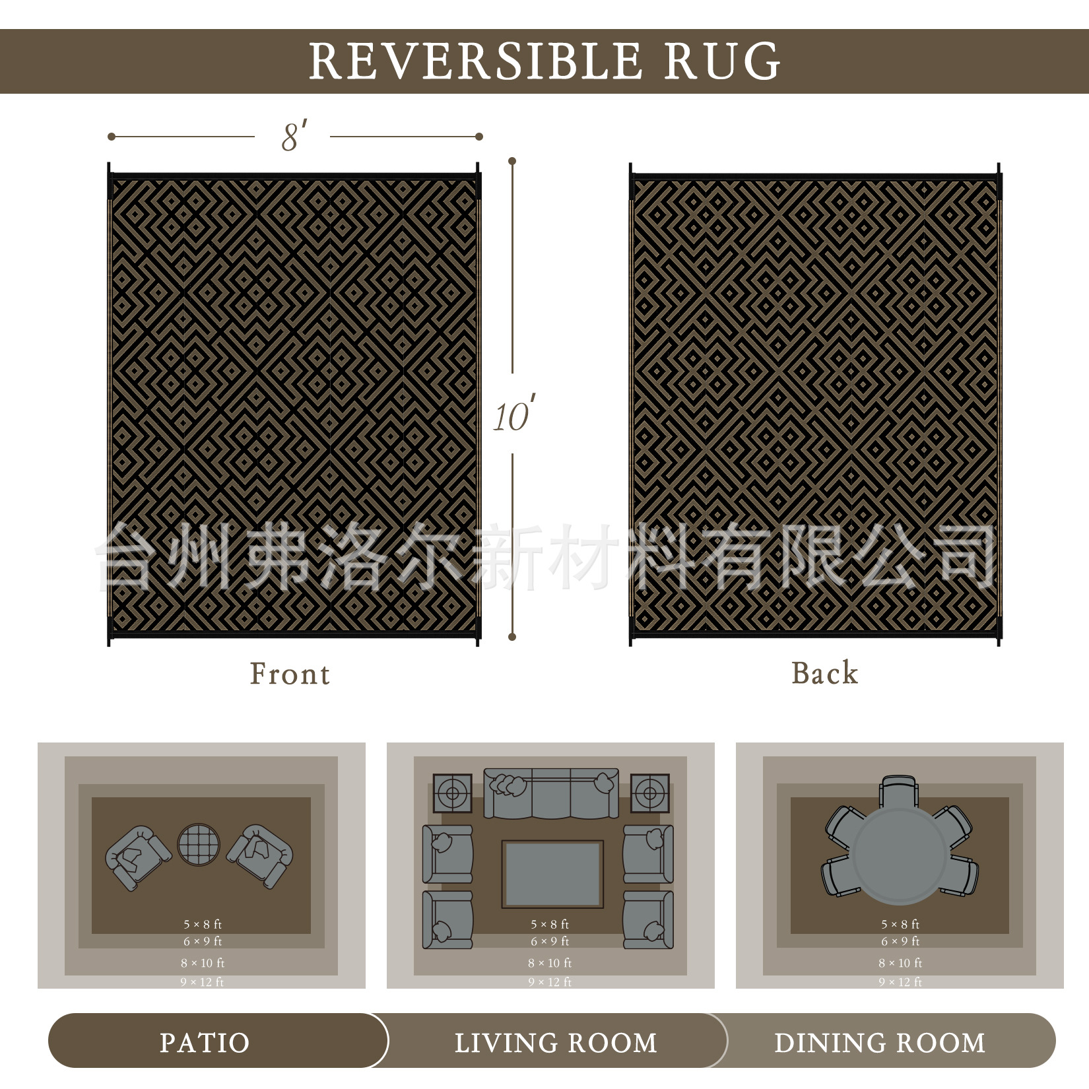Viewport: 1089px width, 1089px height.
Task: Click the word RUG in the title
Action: [722, 61]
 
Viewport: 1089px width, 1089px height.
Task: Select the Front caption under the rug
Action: [290, 674]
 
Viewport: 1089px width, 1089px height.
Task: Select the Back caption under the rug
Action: [824, 673]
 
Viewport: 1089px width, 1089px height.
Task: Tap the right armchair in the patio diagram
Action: [260, 855]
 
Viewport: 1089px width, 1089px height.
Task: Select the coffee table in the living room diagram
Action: [552, 874]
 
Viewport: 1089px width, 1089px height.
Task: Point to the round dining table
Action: [900, 855]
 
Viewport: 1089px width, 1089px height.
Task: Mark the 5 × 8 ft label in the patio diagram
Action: [203, 925]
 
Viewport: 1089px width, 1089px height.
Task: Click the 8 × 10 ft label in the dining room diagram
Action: [899, 963]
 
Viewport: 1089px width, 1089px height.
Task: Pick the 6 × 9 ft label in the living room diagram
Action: [550, 941]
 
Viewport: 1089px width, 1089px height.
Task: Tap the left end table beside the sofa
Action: [453, 793]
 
